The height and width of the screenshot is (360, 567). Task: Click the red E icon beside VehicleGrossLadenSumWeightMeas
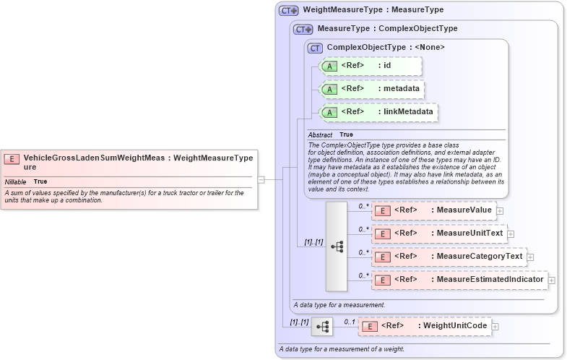coord(12,158)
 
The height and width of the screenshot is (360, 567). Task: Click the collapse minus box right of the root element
coord(261,179)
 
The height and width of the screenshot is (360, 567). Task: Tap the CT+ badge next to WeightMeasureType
coord(289,10)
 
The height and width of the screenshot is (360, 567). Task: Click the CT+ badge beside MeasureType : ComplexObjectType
coord(303,29)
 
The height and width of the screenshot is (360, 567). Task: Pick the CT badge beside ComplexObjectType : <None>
coord(316,48)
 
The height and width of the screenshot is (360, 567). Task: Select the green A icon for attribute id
coord(329,66)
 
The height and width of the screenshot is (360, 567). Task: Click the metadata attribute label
coord(400,89)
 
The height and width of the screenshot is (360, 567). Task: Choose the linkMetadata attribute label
coord(408,112)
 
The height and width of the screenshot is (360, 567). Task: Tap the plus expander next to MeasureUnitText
coord(510,233)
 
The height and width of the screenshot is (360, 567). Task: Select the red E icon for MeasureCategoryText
coord(382,257)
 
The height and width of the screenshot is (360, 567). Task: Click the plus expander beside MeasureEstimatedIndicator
coord(551,280)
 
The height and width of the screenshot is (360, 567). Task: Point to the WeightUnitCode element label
coord(454,327)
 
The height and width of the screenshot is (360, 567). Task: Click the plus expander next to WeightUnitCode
coord(495,327)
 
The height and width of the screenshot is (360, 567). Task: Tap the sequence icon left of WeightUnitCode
coord(322,327)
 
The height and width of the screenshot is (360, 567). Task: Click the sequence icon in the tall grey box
coord(337,246)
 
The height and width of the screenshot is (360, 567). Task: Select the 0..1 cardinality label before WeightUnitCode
coord(350,322)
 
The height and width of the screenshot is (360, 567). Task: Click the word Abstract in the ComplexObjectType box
coord(320,134)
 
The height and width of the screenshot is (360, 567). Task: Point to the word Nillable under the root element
coord(16,181)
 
